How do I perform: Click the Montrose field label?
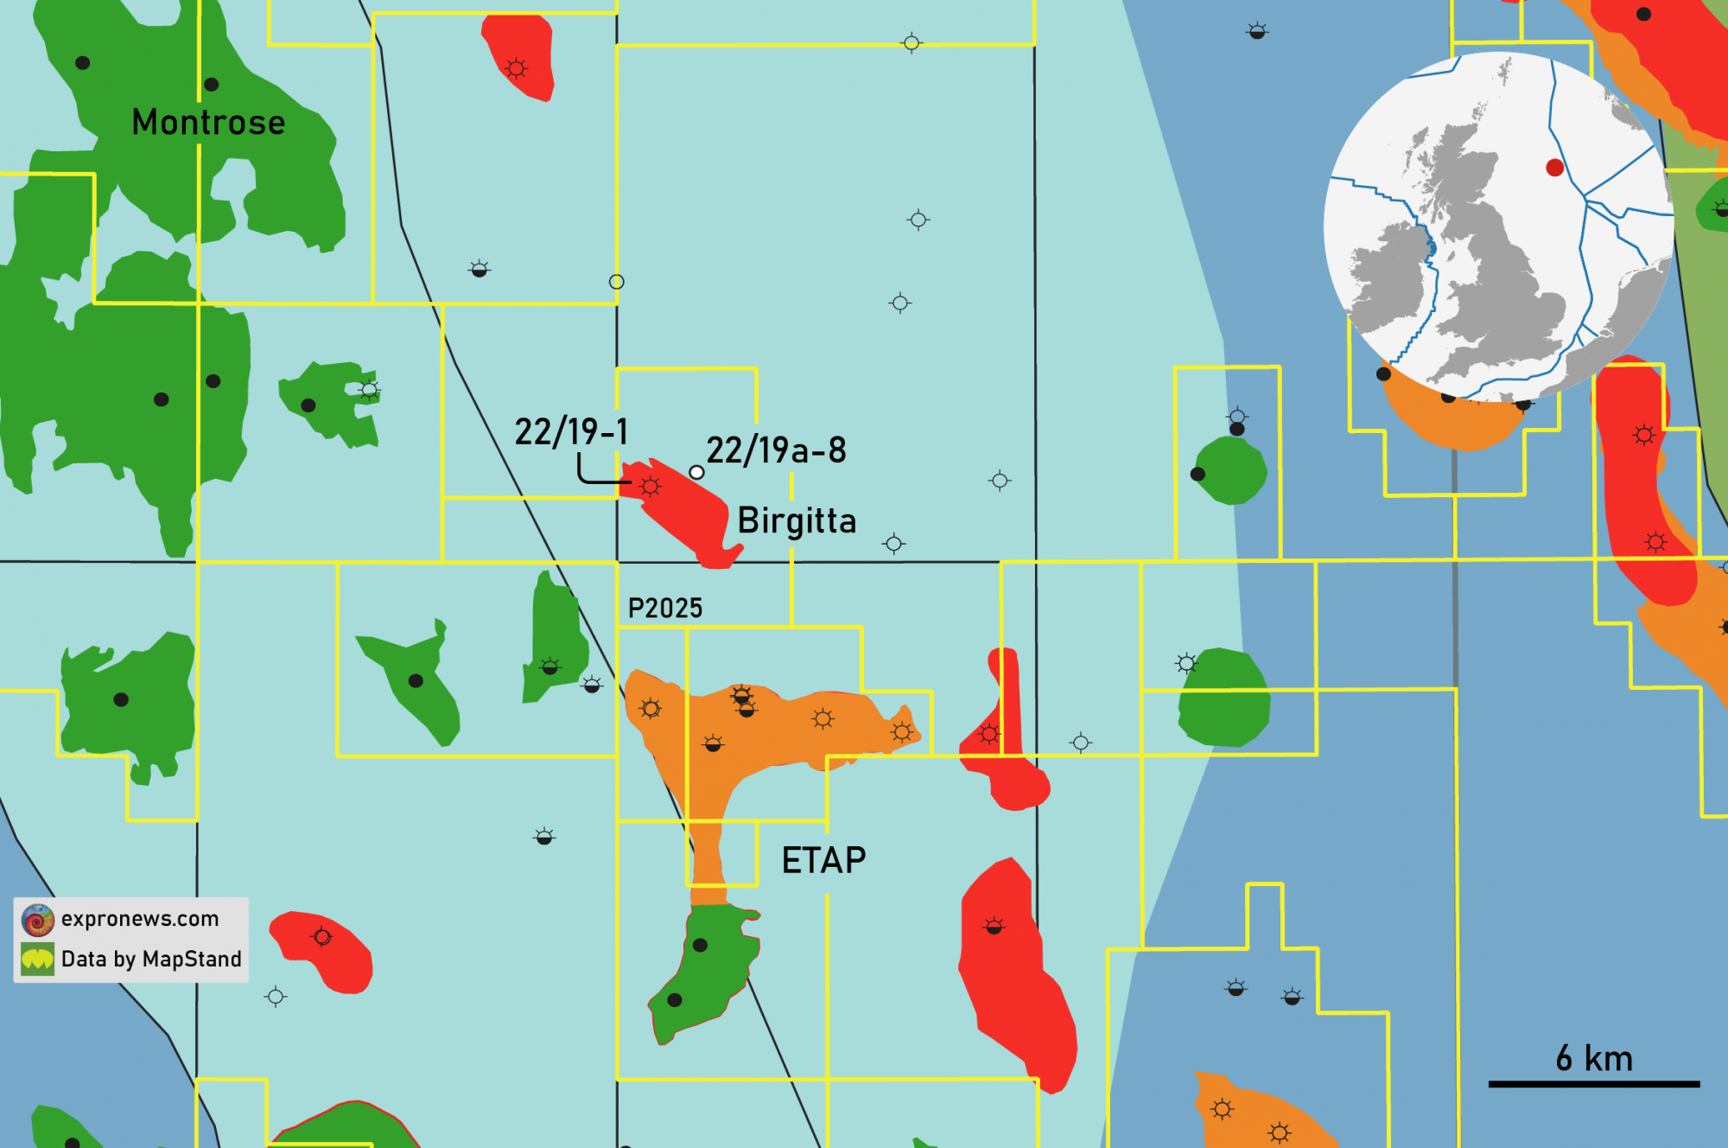point(208,122)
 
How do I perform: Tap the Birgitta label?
point(797,520)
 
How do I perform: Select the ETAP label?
point(823,860)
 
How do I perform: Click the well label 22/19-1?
point(571,431)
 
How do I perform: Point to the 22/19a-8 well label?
point(776,450)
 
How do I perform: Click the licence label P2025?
point(665,608)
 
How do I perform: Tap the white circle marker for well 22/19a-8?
point(696,472)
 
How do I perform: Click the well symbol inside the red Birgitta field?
point(651,487)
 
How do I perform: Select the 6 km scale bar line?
point(1593,1083)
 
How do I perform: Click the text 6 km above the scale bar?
point(1594,1058)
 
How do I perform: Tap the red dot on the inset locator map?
point(1554,168)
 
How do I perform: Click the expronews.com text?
point(140,918)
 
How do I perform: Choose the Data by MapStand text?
point(151,959)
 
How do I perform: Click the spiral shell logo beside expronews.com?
point(38,920)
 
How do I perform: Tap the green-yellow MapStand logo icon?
point(38,959)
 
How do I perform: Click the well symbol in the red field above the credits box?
point(321,937)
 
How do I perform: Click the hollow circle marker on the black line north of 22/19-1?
point(616,282)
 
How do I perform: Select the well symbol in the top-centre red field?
point(516,68)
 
